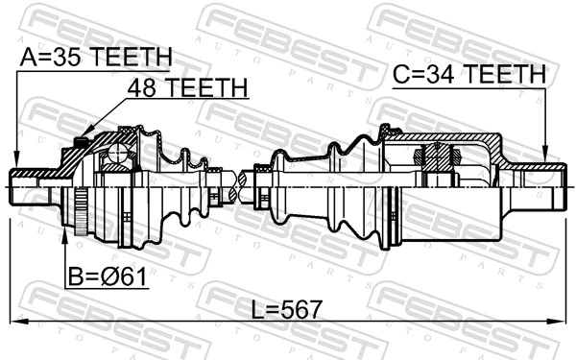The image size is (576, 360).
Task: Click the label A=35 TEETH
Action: pos(95,58)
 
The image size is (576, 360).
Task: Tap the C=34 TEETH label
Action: pos(468,74)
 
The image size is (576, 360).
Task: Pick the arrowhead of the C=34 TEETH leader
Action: pos(545,160)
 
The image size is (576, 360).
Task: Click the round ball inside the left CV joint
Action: pos(118,153)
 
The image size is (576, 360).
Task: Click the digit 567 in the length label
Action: pos(301,309)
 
